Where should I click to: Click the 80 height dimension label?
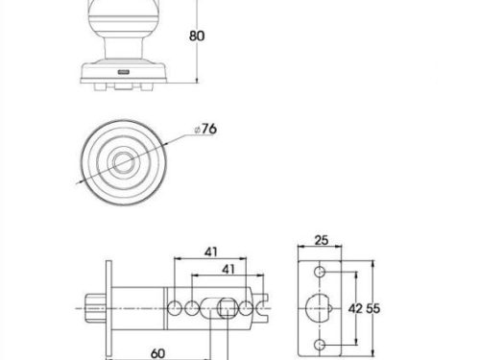(x=197, y=36)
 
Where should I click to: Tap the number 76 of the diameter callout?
(x=209, y=129)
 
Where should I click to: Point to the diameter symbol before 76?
(x=198, y=130)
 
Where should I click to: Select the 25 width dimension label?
(x=322, y=240)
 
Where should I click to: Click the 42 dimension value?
(x=355, y=309)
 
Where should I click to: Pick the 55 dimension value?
(x=372, y=309)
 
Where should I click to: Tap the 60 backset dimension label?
(x=157, y=353)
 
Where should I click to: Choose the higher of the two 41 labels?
(x=211, y=252)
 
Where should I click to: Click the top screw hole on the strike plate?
(x=320, y=272)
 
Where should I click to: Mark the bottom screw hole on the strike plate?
(x=320, y=345)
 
